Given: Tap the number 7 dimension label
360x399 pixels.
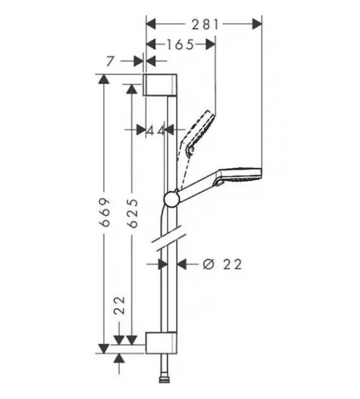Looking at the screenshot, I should click(x=110, y=61).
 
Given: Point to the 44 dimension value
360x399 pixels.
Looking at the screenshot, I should click(x=156, y=130).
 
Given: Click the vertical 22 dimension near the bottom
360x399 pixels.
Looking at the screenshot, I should click(x=120, y=307).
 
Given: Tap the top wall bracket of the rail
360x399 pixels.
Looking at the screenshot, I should click(x=161, y=85).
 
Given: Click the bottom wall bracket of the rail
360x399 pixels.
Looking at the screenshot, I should click(x=161, y=338).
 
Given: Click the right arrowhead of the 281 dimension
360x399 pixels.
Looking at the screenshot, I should click(x=258, y=25).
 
